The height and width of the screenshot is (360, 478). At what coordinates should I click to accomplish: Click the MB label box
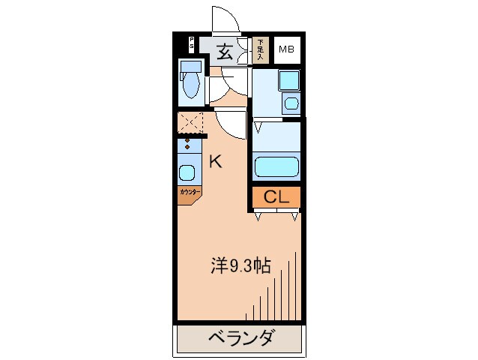pyautogui.click(x=287, y=50)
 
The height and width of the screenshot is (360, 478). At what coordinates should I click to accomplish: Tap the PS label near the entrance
pyautogui.click(x=191, y=43)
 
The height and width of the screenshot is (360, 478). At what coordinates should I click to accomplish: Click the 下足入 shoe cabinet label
pyautogui.click(x=261, y=49)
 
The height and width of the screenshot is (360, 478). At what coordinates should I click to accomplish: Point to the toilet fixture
pyautogui.click(x=191, y=83)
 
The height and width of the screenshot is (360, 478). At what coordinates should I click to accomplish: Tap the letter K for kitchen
pyautogui.click(x=216, y=160)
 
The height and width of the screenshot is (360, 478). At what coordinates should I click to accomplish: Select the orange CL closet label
pyautogui.click(x=276, y=197)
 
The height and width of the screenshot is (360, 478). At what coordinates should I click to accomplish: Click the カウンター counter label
pyautogui.click(x=189, y=192)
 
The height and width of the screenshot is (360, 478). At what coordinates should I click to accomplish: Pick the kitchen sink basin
pyautogui.click(x=187, y=172)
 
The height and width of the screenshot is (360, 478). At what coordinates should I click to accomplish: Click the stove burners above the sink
pyautogui.click(x=188, y=146)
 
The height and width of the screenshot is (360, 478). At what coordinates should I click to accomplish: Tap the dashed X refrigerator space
pyautogui.click(x=190, y=121)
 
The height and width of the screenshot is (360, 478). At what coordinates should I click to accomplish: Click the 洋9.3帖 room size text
pyautogui.click(x=240, y=265)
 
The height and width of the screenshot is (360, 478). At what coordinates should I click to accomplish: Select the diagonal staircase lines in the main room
pyautogui.click(x=281, y=289)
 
